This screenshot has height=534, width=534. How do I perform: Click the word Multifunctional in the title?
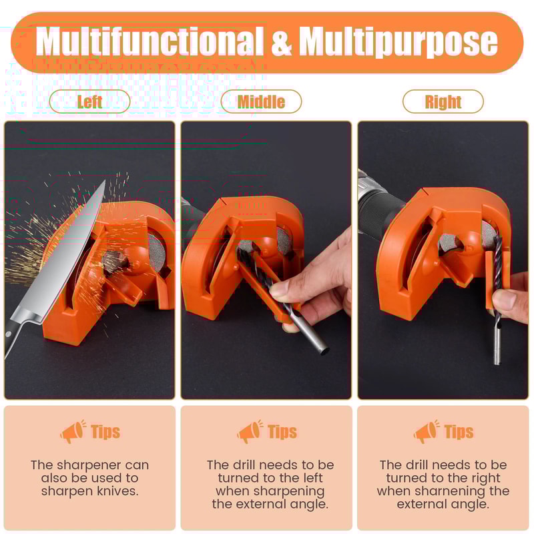pos(150,42)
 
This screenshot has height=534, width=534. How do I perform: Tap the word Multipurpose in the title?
pos(398,42)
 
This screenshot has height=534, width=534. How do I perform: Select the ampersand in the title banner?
pos(282,42)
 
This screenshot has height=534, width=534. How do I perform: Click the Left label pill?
pos(89,101)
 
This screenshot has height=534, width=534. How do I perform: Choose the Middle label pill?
pos(261,101)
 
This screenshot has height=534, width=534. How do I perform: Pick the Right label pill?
pos(443,101)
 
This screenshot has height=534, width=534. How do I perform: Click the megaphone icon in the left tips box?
pos(72,432)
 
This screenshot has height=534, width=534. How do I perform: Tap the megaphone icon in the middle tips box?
pos(250,432)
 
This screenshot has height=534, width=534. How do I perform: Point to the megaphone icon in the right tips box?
pos(426,432)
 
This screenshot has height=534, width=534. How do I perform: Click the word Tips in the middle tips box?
pos(282,432)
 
